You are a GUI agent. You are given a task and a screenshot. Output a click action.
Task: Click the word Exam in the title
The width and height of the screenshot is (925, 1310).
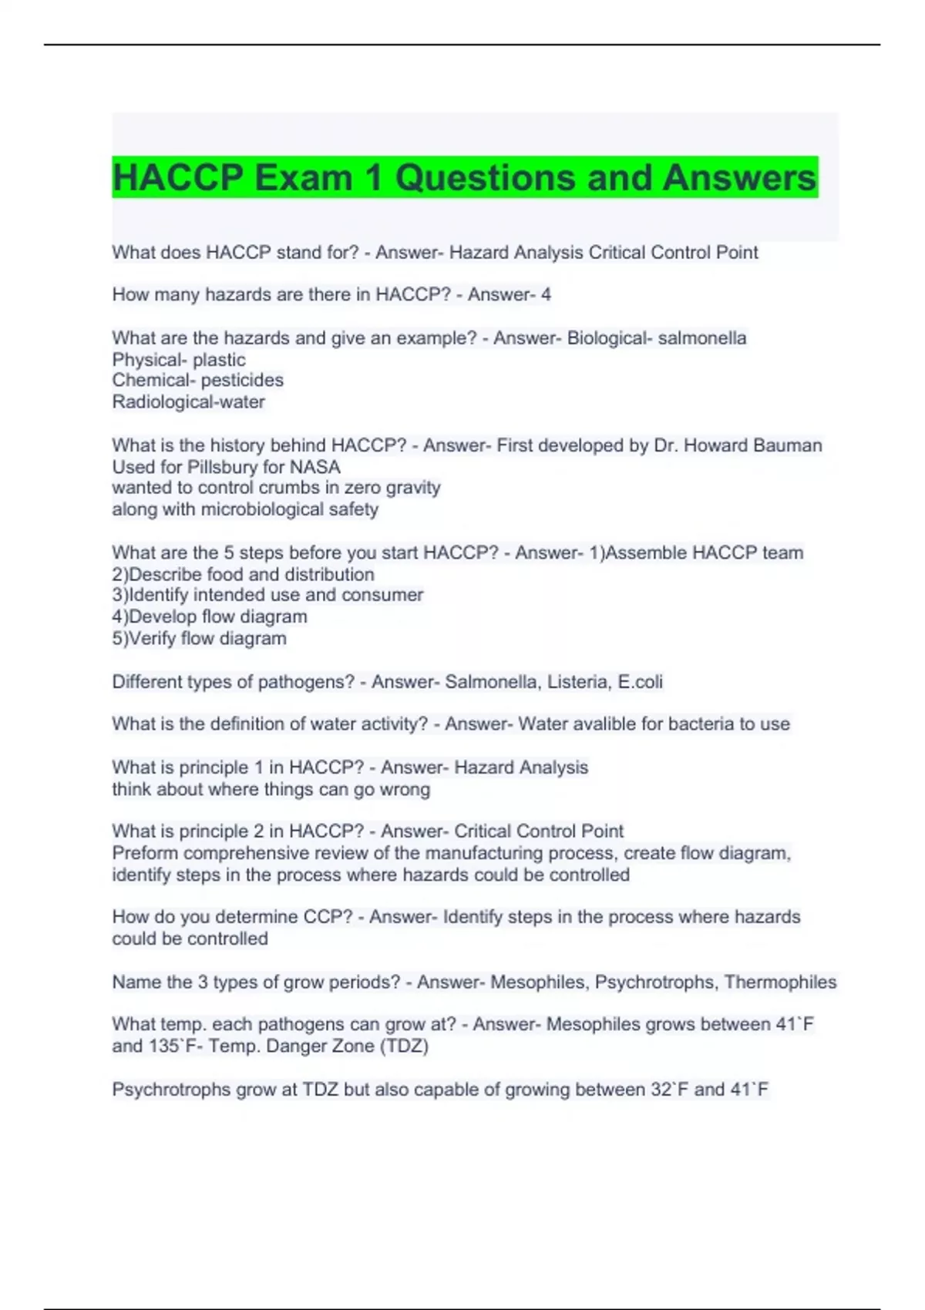(x=303, y=178)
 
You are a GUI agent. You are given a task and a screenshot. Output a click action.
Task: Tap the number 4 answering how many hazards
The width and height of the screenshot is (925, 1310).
(x=546, y=294)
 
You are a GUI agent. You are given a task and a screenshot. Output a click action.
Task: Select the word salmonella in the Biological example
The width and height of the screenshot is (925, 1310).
(x=701, y=338)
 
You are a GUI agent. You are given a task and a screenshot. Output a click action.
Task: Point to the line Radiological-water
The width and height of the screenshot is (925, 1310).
(x=188, y=401)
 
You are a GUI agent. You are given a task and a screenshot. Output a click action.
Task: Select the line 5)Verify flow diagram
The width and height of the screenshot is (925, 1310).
(x=199, y=638)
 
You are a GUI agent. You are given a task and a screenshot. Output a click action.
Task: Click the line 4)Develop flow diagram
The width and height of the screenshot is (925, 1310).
(x=210, y=616)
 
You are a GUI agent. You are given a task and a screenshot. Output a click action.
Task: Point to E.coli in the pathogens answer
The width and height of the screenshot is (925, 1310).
(x=641, y=681)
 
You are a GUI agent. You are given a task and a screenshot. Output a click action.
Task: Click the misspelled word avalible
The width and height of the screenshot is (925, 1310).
(x=598, y=724)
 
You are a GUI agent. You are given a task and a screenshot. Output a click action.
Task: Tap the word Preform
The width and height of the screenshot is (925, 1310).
(x=145, y=853)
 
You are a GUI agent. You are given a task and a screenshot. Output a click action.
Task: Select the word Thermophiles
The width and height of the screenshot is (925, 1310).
(x=780, y=982)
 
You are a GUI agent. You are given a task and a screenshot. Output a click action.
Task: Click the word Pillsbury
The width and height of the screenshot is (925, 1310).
(x=226, y=467)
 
